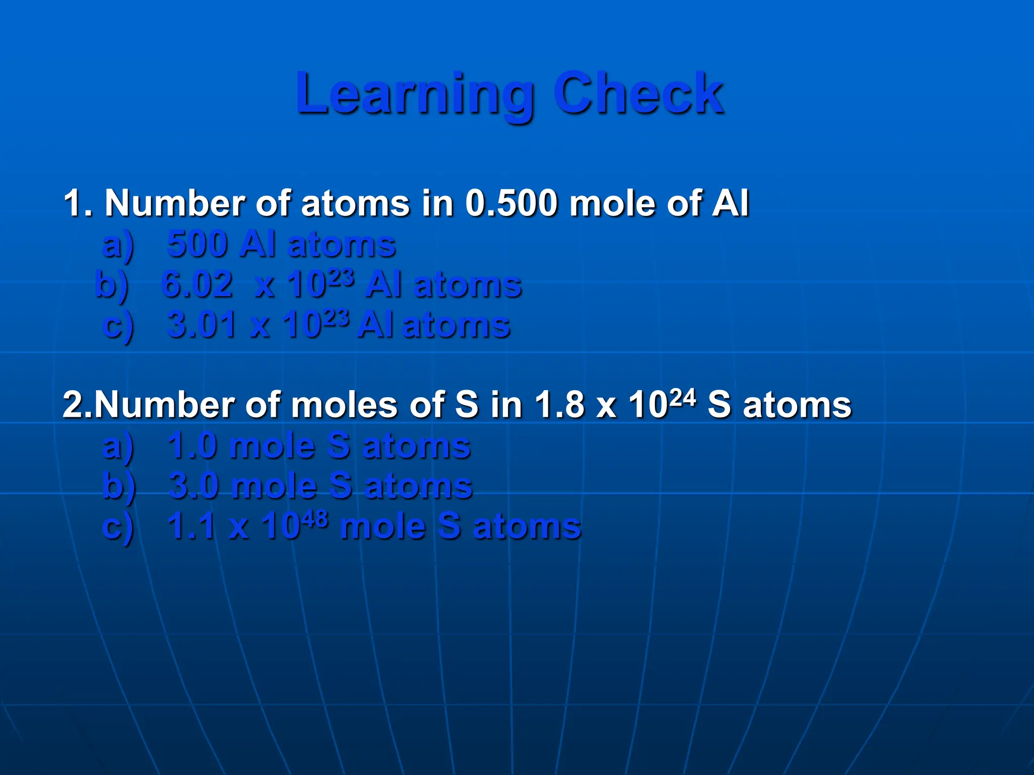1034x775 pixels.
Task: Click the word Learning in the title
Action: click(415, 94)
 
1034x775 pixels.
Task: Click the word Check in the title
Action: click(639, 93)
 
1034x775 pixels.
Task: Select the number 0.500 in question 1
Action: click(512, 203)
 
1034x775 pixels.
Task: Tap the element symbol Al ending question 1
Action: click(730, 203)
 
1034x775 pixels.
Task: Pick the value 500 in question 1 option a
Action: click(197, 244)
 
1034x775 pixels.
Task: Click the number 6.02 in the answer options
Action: click(197, 285)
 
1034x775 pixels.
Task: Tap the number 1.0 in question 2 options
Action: click(192, 446)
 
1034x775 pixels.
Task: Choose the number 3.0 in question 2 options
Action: click(194, 486)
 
